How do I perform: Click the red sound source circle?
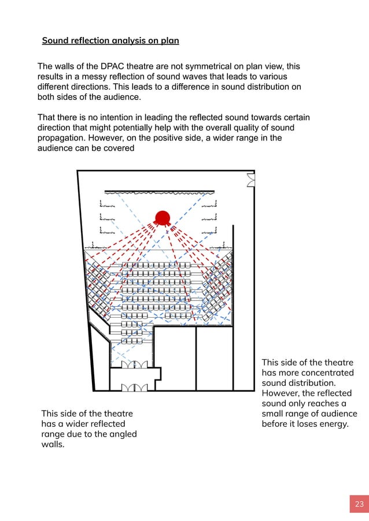pyautogui.click(x=162, y=218)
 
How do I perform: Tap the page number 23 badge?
pyautogui.click(x=359, y=504)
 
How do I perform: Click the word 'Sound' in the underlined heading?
pyautogui.click(x=56, y=41)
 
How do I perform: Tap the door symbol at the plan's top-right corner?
pyautogui.click(x=250, y=180)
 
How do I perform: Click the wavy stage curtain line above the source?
pyautogui.click(x=159, y=192)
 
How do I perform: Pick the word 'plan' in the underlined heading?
pyautogui.click(x=167, y=41)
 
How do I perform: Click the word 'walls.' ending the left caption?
pyautogui.click(x=53, y=444)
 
